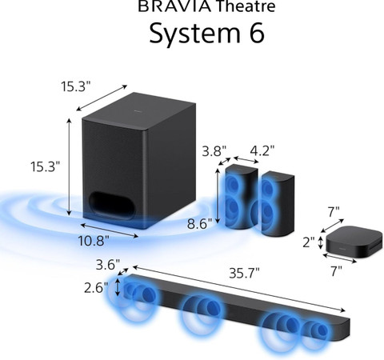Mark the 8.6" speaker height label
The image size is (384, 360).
[x=199, y=225]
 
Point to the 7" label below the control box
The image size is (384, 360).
[x=336, y=270]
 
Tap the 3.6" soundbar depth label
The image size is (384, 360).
[x=107, y=263]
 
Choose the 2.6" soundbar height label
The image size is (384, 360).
[x=95, y=287]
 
